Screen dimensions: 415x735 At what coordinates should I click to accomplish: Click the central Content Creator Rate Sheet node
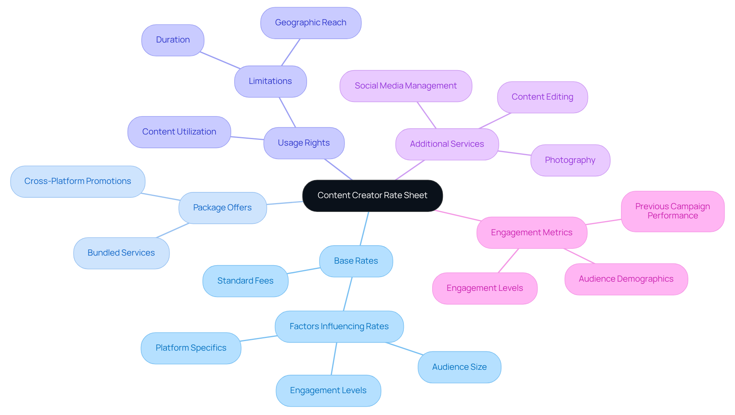(x=372, y=195)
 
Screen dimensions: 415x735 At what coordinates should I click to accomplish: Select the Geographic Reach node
(x=310, y=23)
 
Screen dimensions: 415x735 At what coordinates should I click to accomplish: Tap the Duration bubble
(x=173, y=40)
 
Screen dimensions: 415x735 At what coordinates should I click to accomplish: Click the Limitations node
(x=270, y=81)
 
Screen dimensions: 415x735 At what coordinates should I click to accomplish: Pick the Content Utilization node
(x=179, y=132)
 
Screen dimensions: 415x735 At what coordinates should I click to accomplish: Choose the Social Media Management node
(x=405, y=86)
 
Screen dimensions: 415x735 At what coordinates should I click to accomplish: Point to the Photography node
(x=570, y=160)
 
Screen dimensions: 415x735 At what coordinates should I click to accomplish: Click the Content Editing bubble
(x=542, y=97)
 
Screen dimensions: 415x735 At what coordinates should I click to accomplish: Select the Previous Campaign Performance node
(x=672, y=211)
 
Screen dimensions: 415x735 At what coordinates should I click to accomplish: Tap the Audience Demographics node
(x=626, y=279)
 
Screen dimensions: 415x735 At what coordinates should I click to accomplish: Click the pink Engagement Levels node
(x=485, y=288)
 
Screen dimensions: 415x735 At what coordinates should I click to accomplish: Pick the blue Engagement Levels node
(x=328, y=390)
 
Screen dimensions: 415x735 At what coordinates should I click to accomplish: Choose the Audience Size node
(x=459, y=367)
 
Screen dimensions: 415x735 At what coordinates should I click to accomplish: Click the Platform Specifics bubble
(x=191, y=348)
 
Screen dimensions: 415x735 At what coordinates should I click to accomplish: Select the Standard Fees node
(x=245, y=281)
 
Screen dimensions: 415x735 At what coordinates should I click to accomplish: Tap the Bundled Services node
(x=121, y=253)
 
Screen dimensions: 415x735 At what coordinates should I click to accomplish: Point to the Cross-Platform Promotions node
(x=78, y=181)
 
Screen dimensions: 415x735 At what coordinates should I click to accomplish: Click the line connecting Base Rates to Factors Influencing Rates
(x=348, y=294)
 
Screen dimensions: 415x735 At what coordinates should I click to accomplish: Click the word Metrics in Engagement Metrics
(x=557, y=233)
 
